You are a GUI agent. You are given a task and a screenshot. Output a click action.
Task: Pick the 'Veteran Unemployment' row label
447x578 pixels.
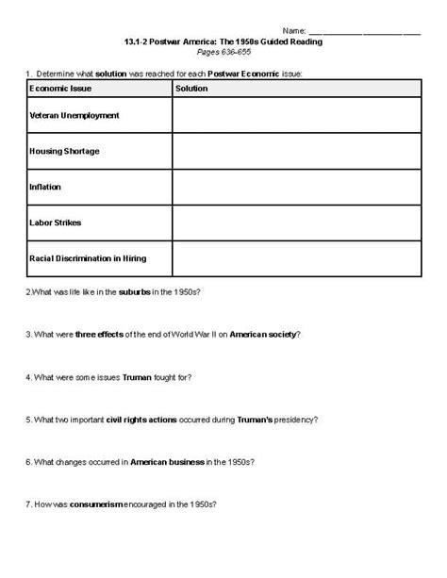[75, 115]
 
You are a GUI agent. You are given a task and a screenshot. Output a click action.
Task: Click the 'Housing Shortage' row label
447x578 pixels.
[65, 151]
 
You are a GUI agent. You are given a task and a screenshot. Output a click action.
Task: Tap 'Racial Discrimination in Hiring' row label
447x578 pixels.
[89, 256]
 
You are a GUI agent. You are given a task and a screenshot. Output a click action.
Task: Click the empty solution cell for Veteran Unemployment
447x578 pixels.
[296, 115]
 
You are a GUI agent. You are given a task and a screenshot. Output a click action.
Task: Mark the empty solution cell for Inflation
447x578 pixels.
[296, 186]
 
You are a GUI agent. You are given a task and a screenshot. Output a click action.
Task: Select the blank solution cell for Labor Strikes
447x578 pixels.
[296, 222]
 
